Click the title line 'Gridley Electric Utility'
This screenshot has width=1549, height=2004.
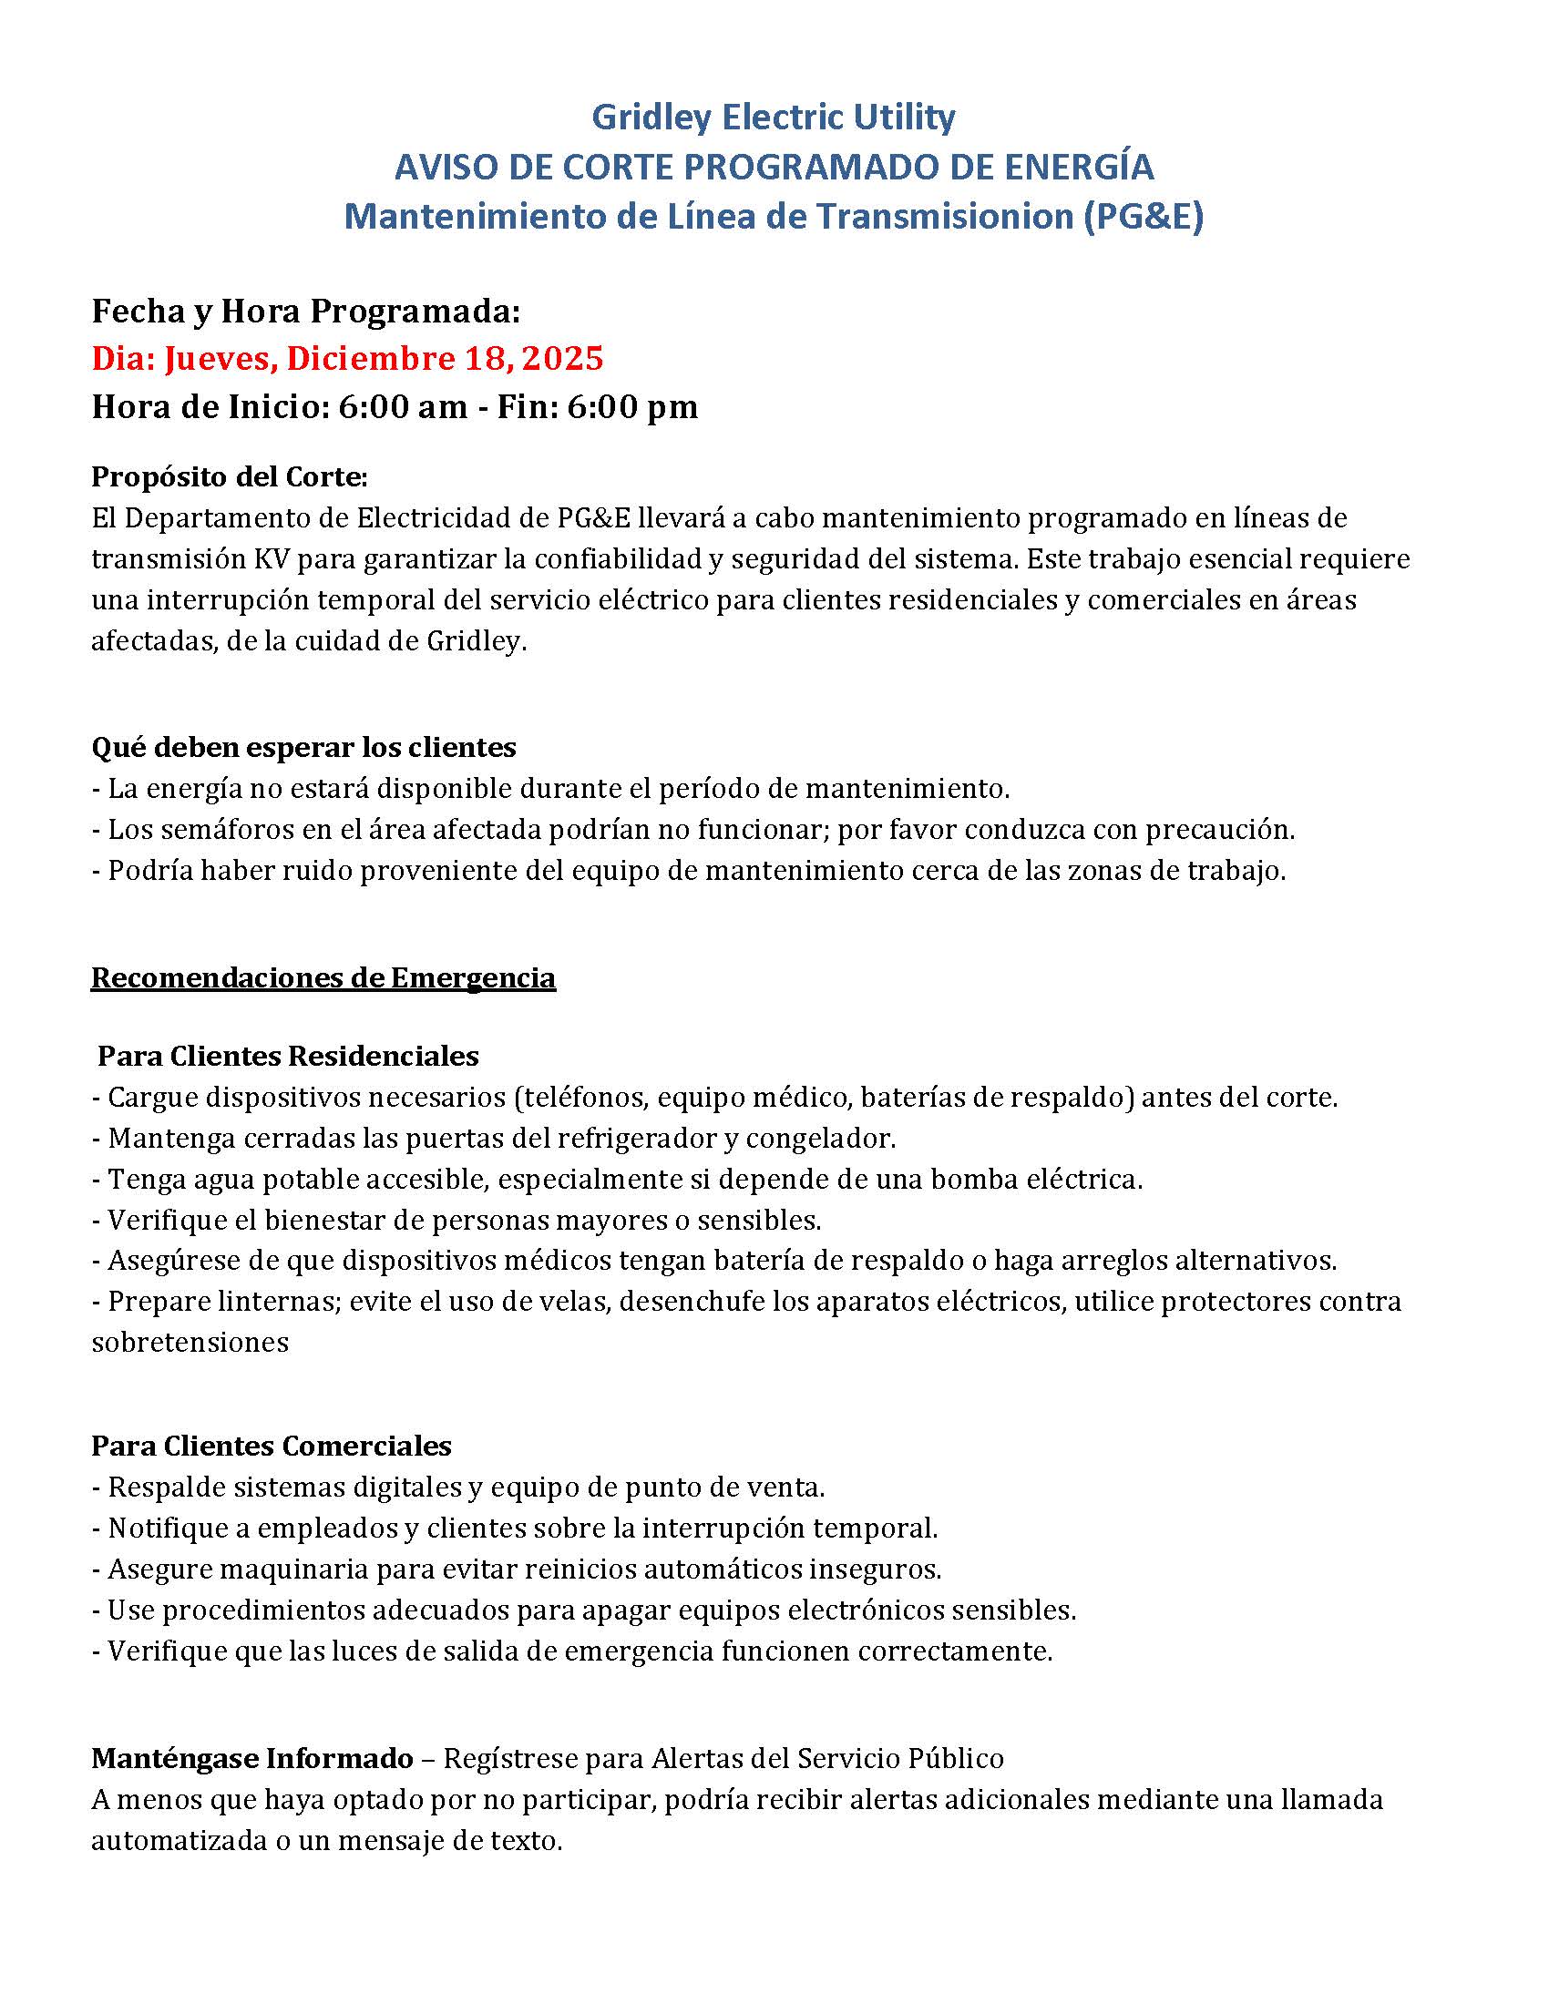(773, 118)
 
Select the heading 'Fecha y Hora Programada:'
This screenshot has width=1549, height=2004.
(305, 312)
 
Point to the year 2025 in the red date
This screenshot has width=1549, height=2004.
(561, 358)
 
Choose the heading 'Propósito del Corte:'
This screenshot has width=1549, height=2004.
(230, 477)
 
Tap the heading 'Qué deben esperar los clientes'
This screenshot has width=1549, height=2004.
(303, 747)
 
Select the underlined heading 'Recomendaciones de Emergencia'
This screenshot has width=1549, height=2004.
(323, 977)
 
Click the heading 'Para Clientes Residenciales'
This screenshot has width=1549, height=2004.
(288, 1055)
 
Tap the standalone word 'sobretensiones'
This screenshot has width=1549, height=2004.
(190, 1343)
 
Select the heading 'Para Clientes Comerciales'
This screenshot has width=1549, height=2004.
(272, 1447)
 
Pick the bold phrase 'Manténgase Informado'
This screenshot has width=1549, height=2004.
(252, 1758)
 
